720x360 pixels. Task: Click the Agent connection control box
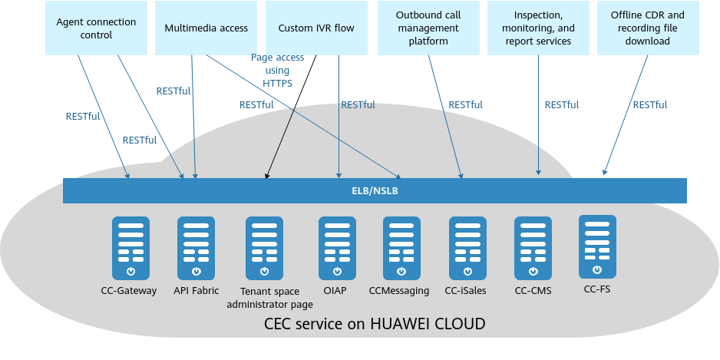[95, 28]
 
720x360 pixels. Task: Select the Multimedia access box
[206, 28]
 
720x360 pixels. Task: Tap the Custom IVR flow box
[316, 28]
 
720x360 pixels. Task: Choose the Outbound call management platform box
[428, 28]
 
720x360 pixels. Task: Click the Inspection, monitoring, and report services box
[537, 28]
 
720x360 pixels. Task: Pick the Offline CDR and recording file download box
[647, 28]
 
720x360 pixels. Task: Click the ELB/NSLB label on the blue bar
[375, 190]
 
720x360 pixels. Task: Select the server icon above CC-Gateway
[130, 248]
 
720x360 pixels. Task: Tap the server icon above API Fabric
[196, 248]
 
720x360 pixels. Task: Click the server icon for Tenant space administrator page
[265, 248]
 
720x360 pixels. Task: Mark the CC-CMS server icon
[533, 248]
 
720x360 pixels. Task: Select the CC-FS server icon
[597, 246]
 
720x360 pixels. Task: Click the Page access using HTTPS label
[277, 71]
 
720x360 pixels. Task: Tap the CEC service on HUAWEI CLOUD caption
[375, 324]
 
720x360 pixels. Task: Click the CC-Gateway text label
[129, 290]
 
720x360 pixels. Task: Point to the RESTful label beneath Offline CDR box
[649, 105]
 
